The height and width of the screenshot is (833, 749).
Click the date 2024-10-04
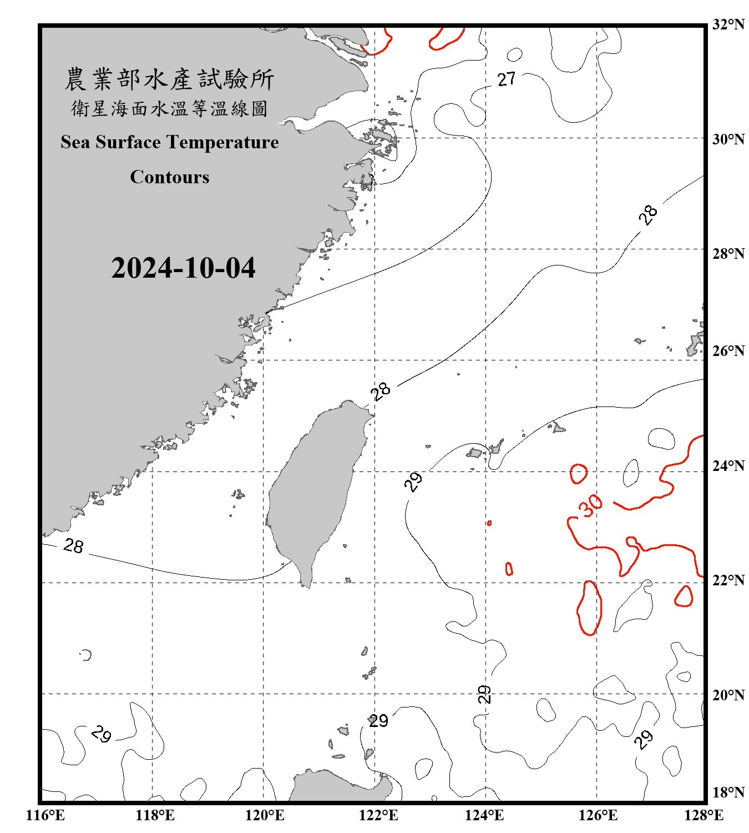183,268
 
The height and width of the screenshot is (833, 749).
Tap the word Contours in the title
170,177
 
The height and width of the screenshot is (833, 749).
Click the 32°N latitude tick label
728,24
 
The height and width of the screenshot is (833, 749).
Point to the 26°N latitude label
728,351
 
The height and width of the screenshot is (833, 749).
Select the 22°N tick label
728,580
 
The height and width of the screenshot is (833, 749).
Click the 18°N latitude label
728,792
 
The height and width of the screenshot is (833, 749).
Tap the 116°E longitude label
45,815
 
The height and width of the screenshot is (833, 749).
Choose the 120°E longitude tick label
265,815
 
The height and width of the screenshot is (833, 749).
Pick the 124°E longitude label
484,815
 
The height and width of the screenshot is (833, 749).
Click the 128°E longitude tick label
704,815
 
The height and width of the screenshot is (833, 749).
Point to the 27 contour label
507,79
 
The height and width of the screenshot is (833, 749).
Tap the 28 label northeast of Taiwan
381,391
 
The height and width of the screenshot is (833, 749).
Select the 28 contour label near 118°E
73,546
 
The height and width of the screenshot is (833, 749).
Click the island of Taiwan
313,489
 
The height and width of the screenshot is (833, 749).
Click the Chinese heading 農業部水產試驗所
169,79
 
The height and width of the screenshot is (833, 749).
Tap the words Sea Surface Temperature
170,142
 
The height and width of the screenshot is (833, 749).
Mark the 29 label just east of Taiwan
413,481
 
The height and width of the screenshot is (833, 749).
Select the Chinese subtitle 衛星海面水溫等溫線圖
169,108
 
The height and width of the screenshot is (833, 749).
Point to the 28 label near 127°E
647,215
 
